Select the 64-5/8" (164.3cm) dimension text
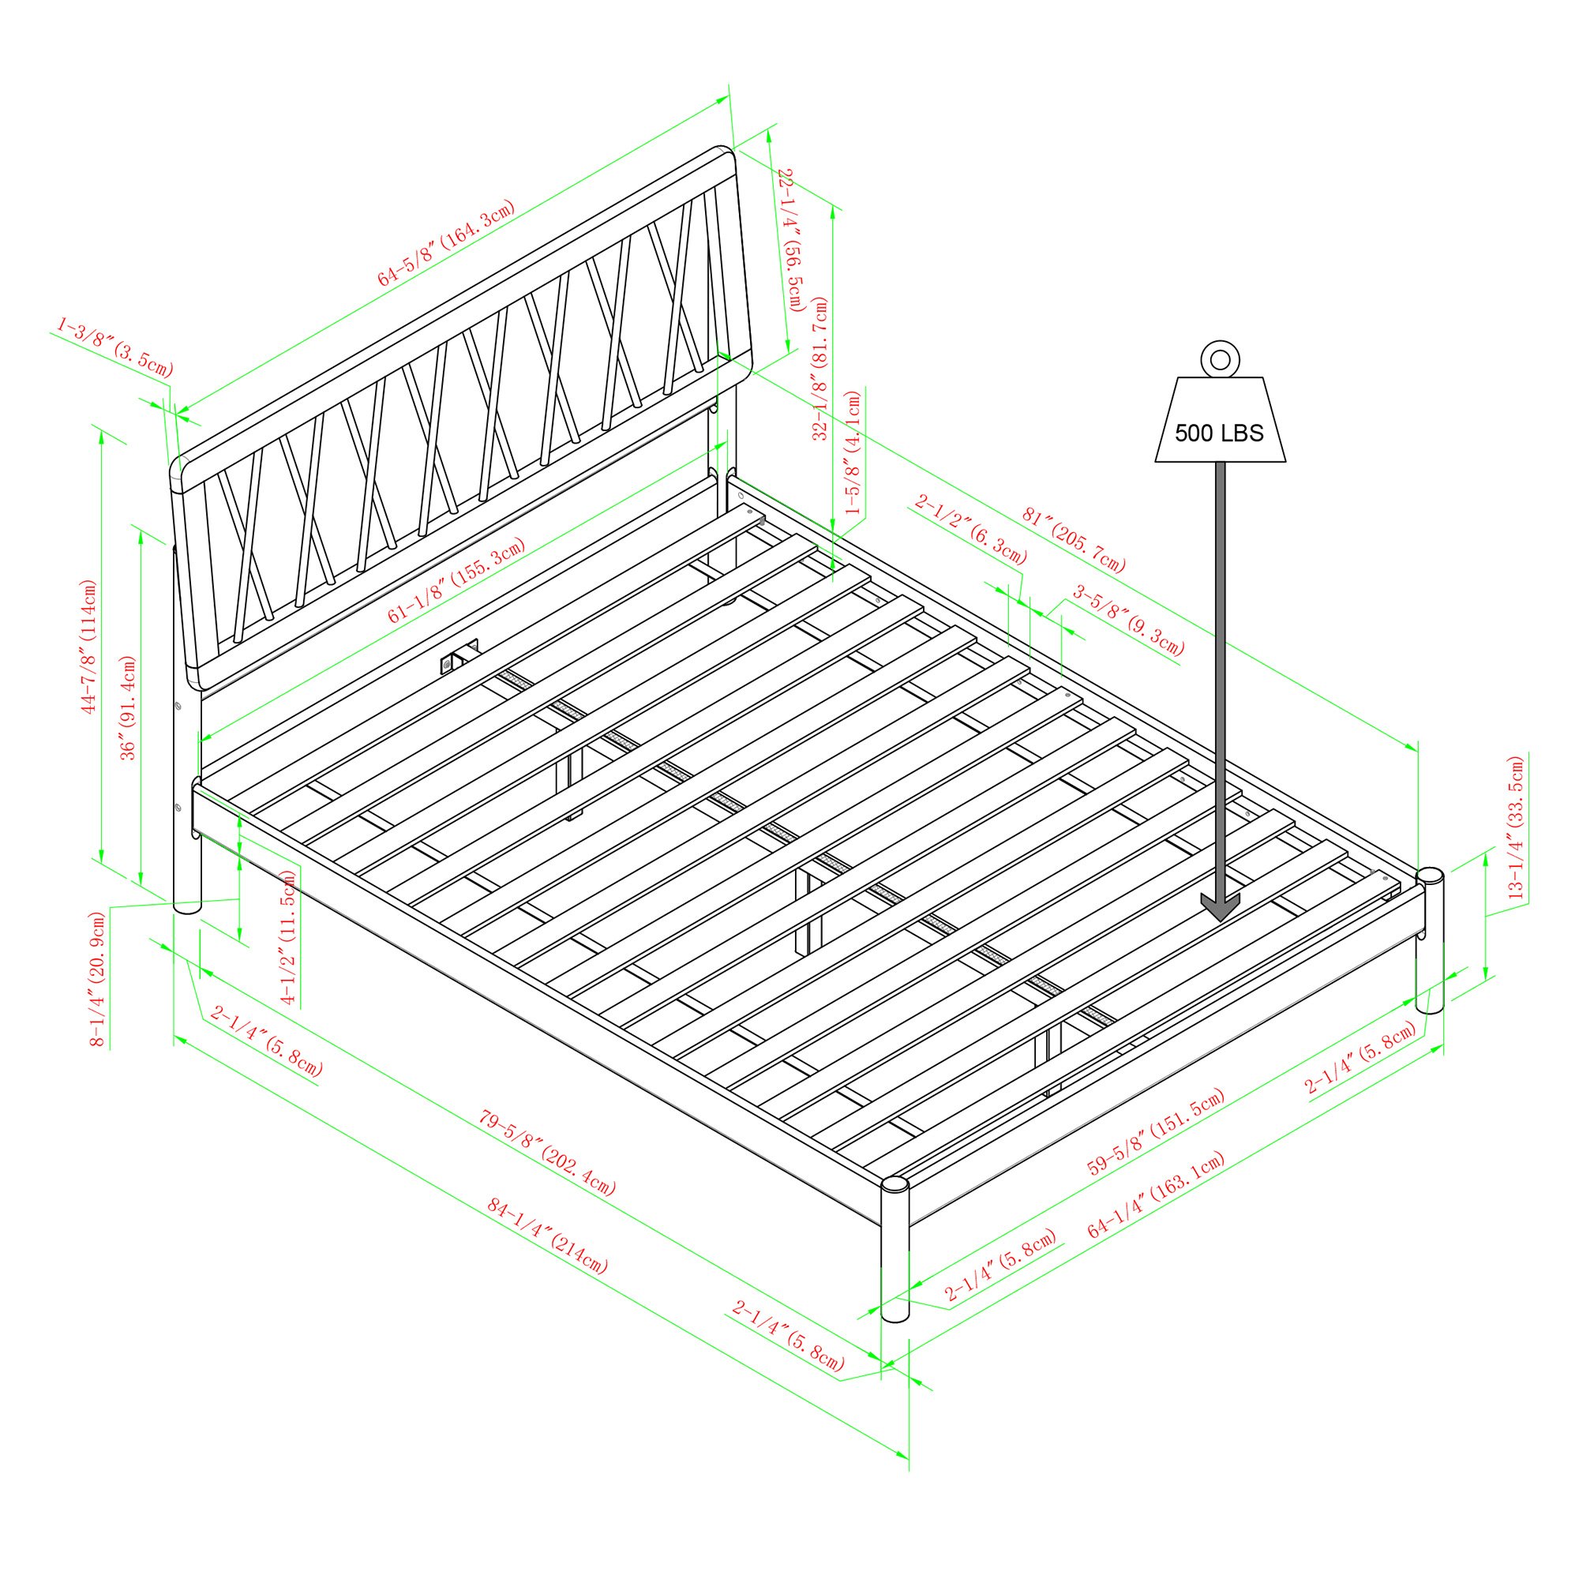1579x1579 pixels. pos(446,242)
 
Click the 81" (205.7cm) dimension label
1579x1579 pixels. pos(1073,540)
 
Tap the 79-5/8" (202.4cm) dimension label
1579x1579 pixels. pos(547,1153)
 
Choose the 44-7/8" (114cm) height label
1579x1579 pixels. pos(89,646)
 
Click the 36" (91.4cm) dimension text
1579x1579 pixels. pos(129,707)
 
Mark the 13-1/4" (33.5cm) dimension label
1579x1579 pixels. pos(1516,828)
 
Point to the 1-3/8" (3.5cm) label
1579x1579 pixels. pos(114,347)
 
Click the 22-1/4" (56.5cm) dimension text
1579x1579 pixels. pos(789,239)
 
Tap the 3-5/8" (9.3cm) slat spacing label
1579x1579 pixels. pos(1129,621)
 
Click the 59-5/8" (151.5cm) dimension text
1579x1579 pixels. pos(1156,1132)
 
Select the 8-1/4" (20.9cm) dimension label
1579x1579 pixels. pos(97,979)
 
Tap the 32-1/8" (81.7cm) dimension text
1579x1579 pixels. pos(820,369)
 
